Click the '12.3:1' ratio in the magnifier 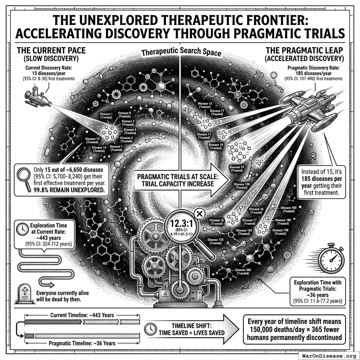(x=179, y=224)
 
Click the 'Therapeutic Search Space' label (x=181, y=53)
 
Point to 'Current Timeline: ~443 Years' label (x=82, y=315)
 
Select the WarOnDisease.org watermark (x=328, y=355)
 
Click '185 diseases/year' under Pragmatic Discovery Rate (x=307, y=73)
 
